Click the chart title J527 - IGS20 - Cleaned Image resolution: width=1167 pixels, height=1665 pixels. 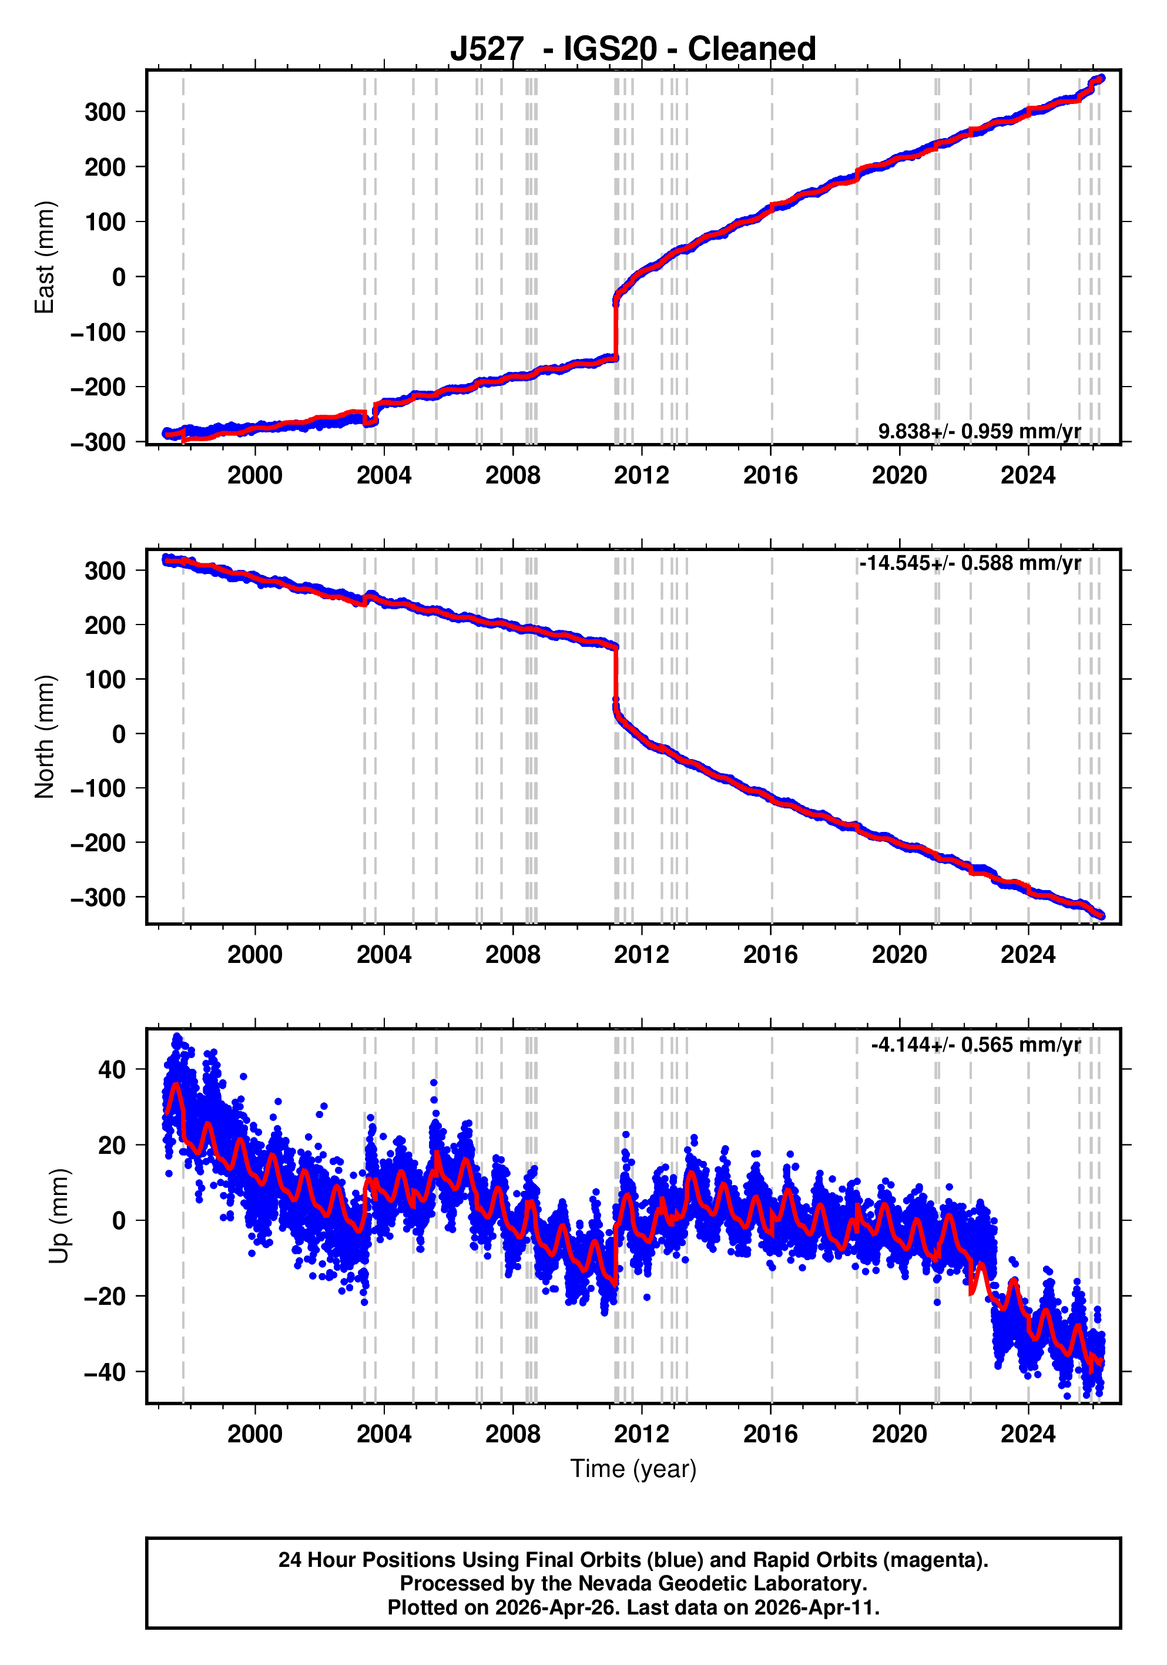pyautogui.click(x=632, y=49)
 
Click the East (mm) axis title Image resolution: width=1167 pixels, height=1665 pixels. pyautogui.click(x=44, y=257)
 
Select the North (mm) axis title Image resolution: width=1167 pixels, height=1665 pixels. pyautogui.click(x=44, y=736)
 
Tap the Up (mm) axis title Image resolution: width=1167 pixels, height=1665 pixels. pyautogui.click(x=59, y=1216)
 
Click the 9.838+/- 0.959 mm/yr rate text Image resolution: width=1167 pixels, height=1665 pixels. pyautogui.click(x=979, y=431)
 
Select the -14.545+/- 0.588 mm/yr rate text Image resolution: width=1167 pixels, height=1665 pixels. pyautogui.click(x=970, y=563)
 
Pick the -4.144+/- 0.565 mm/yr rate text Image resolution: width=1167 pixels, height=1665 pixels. pyautogui.click(x=975, y=1045)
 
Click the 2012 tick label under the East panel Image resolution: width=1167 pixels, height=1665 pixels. pyautogui.click(x=641, y=476)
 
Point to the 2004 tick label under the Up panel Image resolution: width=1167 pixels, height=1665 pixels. pyautogui.click(x=384, y=1434)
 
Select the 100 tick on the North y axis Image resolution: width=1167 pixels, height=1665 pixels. pyautogui.click(x=105, y=680)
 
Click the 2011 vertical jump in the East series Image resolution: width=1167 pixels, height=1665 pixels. pyautogui.click(x=616, y=326)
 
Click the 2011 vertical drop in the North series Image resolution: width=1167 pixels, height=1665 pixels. pyautogui.click(x=616, y=674)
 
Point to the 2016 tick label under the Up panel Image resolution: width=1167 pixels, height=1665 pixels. pyautogui.click(x=770, y=1434)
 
